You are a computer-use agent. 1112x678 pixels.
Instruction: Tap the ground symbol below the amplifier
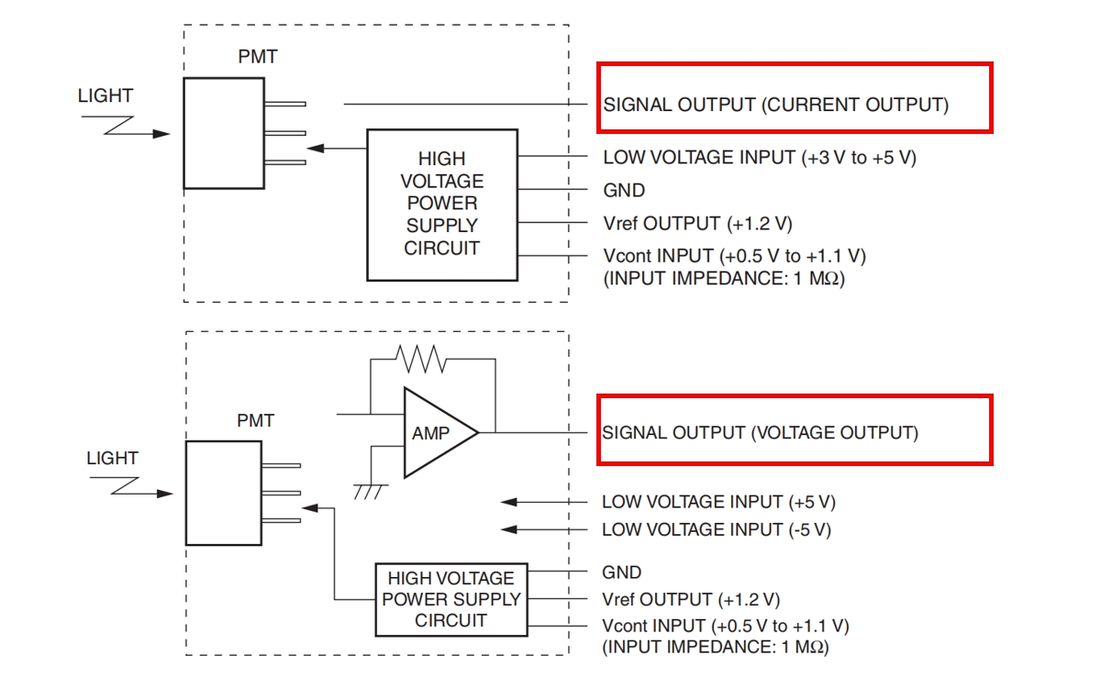click(368, 492)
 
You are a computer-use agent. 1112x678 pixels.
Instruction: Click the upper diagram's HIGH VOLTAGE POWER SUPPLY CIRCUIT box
click(441, 204)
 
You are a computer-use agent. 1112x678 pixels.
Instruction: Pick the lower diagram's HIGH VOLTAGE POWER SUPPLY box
click(450, 599)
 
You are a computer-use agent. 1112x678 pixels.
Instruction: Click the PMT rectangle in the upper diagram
click(223, 133)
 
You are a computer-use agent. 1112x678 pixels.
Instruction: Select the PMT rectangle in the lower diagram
click(225, 494)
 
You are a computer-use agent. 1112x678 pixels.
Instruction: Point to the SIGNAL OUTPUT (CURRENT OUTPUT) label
click(775, 105)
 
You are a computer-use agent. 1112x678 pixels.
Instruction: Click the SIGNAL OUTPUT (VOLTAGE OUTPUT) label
click(759, 432)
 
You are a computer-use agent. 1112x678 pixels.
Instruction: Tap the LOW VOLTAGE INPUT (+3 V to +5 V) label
click(759, 158)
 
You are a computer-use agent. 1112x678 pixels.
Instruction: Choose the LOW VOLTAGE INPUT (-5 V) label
click(717, 529)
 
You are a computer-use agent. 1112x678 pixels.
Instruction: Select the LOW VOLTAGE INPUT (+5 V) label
click(718, 502)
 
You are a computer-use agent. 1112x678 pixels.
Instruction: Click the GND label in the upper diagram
click(624, 191)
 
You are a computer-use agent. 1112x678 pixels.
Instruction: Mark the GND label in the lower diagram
click(621, 572)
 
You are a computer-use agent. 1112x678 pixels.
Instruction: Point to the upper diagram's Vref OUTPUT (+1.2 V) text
click(696, 223)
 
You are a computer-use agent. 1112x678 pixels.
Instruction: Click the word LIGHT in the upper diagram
click(106, 95)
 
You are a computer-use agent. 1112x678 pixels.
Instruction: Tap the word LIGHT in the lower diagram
click(112, 458)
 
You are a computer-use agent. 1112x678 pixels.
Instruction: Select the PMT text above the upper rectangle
click(257, 57)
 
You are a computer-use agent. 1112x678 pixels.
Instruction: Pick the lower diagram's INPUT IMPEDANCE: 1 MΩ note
click(715, 647)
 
